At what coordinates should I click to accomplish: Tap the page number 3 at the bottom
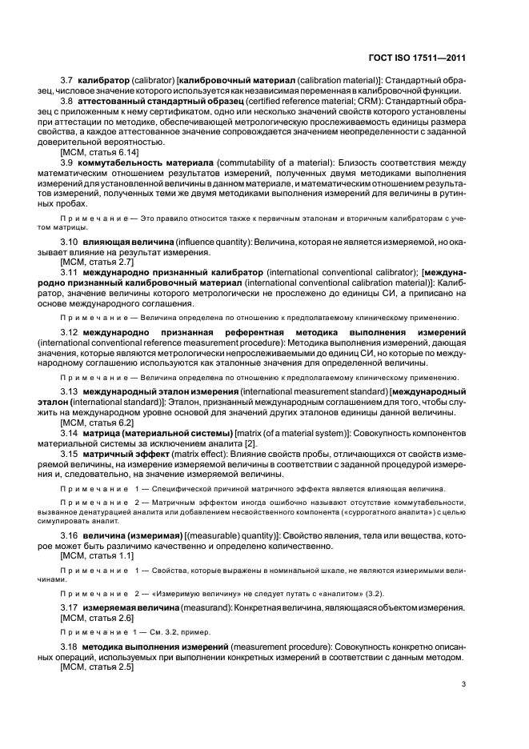point(464,683)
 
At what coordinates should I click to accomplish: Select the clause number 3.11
point(70,272)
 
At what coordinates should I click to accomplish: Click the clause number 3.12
point(70,332)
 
